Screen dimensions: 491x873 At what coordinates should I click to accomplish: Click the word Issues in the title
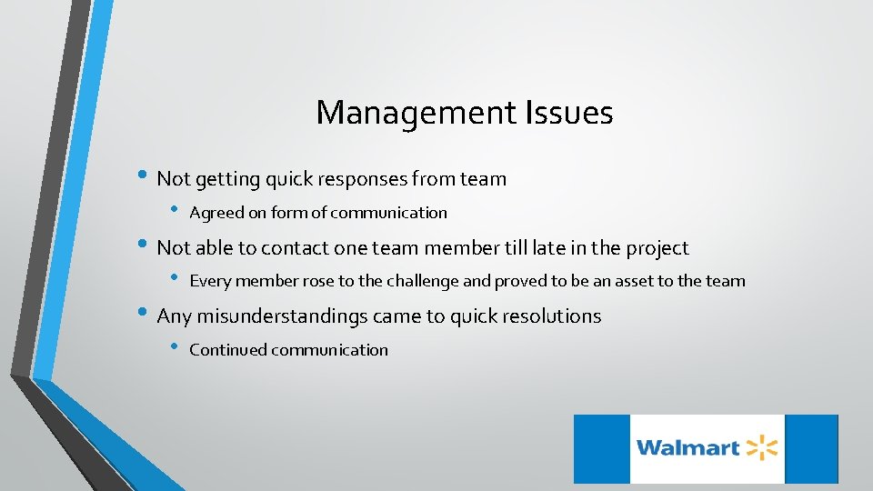pos(571,113)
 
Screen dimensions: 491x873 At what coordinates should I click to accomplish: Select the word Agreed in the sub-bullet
pos(214,213)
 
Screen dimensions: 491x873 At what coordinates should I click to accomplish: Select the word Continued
pos(226,350)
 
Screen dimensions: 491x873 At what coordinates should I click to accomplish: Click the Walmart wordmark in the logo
pos(687,447)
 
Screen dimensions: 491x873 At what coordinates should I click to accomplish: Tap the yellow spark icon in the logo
pos(762,447)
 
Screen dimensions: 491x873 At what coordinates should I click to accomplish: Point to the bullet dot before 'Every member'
pos(176,280)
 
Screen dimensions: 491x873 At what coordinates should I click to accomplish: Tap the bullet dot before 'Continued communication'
pos(176,348)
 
